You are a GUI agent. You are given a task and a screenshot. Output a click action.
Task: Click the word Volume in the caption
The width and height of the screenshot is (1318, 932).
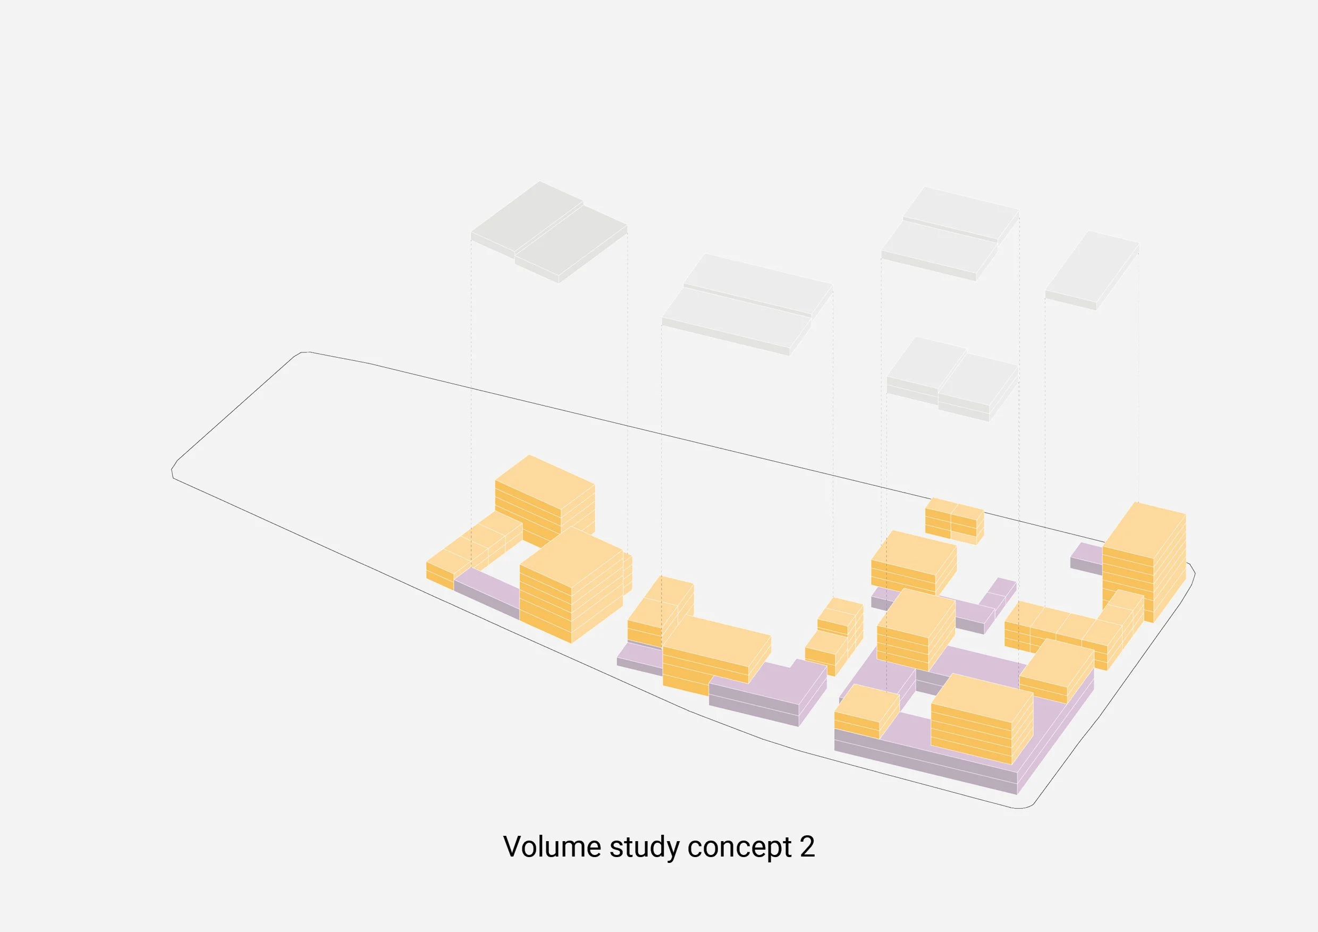pyautogui.click(x=552, y=847)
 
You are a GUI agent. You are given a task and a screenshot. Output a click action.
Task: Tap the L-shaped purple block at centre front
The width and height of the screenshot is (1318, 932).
pyautogui.click(x=769, y=691)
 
